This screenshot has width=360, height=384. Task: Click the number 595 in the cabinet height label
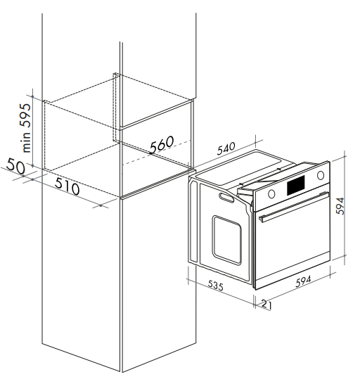(25, 115)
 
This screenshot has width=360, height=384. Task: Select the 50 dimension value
(15, 165)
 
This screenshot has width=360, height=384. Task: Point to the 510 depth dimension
(67, 186)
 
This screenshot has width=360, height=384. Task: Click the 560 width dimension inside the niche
(162, 144)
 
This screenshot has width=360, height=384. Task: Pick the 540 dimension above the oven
(226, 148)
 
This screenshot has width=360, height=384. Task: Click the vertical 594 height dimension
(340, 206)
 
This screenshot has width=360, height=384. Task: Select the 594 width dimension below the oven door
(303, 281)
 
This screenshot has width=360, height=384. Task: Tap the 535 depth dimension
(216, 286)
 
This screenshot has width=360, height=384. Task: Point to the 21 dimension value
(266, 304)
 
